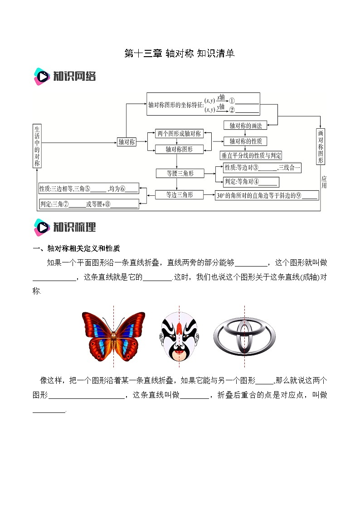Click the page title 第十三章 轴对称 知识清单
pos(180,54)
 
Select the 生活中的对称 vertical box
pos(37,146)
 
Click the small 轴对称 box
pos(126,142)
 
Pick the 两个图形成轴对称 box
pos(178,134)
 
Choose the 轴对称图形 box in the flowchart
pos(178,149)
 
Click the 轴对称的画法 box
pos(245,125)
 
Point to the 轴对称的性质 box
pos(245,141)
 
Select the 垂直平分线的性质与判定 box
pos(251,155)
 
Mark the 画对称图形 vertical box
pos(321,146)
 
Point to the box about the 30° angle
pos(267,195)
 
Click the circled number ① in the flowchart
pos(232,101)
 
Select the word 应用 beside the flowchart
pos(324,182)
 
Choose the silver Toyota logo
pos(244,336)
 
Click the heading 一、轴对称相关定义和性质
pos(76,248)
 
